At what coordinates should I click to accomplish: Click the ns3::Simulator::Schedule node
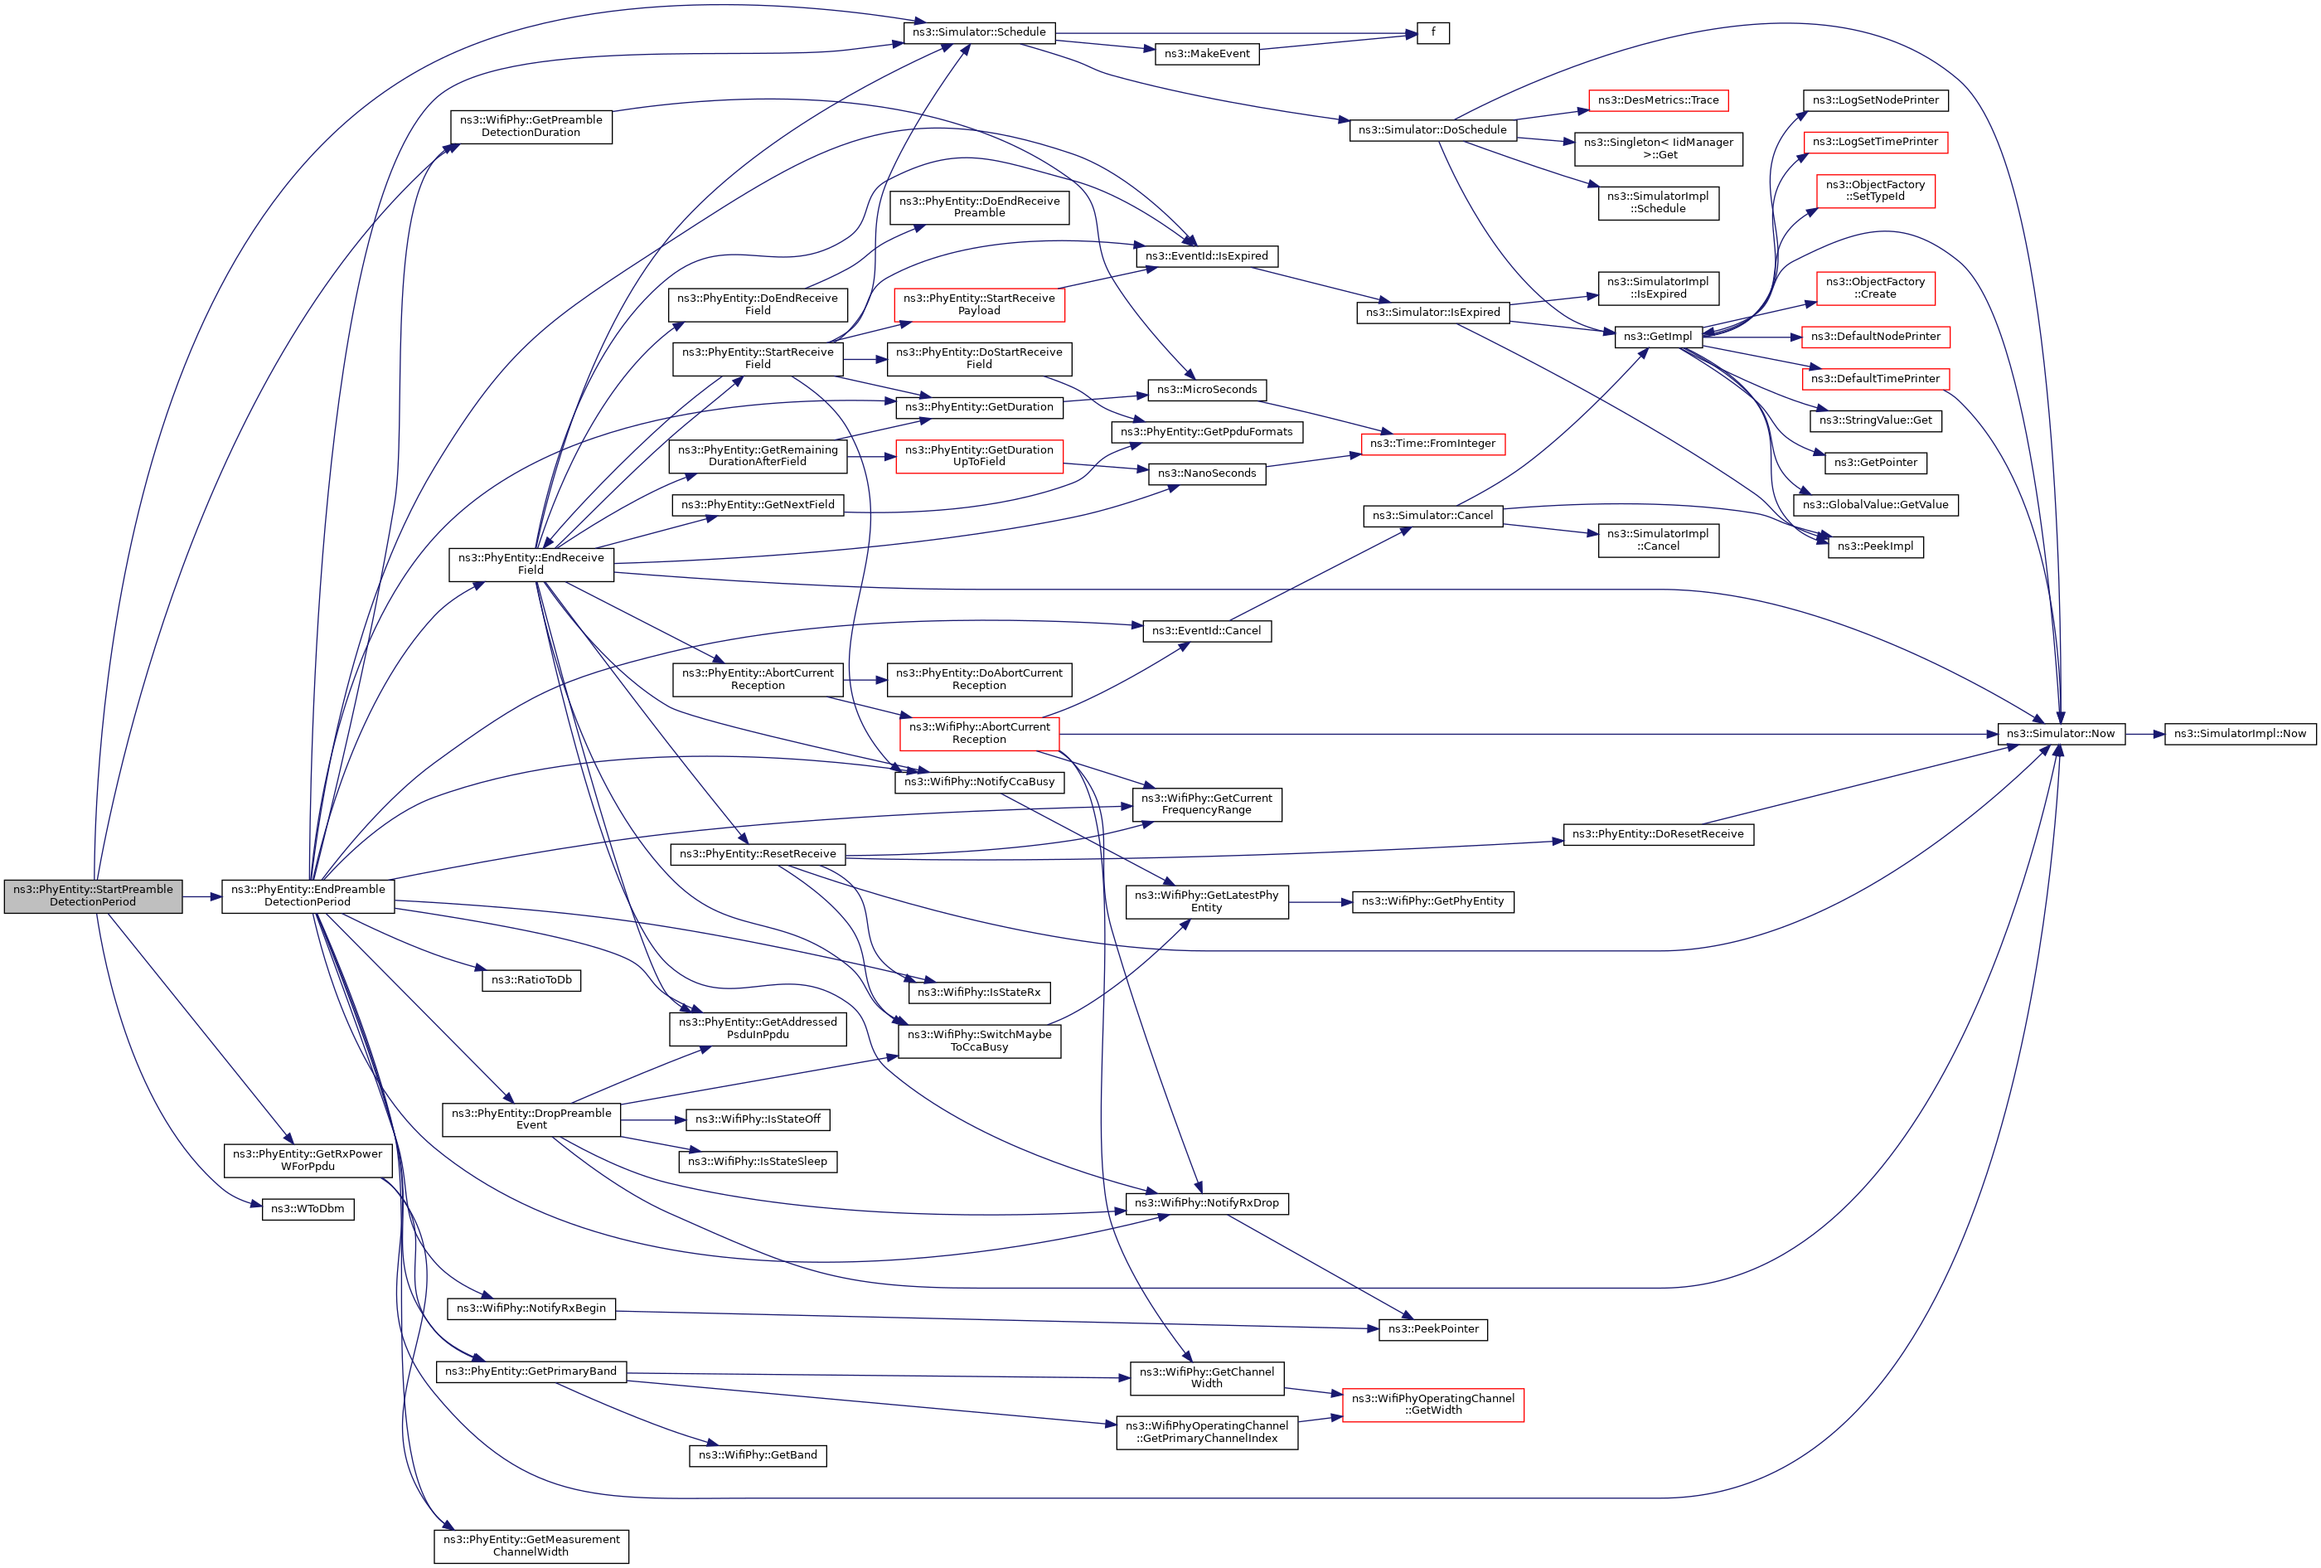(979, 33)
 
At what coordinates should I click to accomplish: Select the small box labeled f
(1432, 33)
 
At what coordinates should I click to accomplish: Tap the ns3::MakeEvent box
(1206, 54)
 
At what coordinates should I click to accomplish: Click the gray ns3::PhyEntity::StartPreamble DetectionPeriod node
(93, 896)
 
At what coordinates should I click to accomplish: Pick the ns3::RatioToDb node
(531, 980)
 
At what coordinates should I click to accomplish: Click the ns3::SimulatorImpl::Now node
(2239, 734)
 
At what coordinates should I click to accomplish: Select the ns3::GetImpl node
(1658, 337)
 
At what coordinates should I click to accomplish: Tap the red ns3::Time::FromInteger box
(1432, 444)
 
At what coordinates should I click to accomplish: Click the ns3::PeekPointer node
(1432, 1329)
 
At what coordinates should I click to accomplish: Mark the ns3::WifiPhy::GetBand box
(757, 1455)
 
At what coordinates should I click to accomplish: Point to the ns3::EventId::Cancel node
(1206, 631)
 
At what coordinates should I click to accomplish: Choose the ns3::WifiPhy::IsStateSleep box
(757, 1162)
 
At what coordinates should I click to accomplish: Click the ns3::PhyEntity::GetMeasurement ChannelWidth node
(531, 1546)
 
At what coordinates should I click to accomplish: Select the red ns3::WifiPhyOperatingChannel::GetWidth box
(1432, 1404)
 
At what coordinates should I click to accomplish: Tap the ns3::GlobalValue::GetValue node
(1874, 505)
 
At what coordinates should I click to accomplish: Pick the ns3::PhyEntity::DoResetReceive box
(1658, 834)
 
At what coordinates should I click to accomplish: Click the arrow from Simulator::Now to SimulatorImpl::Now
(2144, 734)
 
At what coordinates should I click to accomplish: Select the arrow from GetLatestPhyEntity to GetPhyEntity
(1320, 902)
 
